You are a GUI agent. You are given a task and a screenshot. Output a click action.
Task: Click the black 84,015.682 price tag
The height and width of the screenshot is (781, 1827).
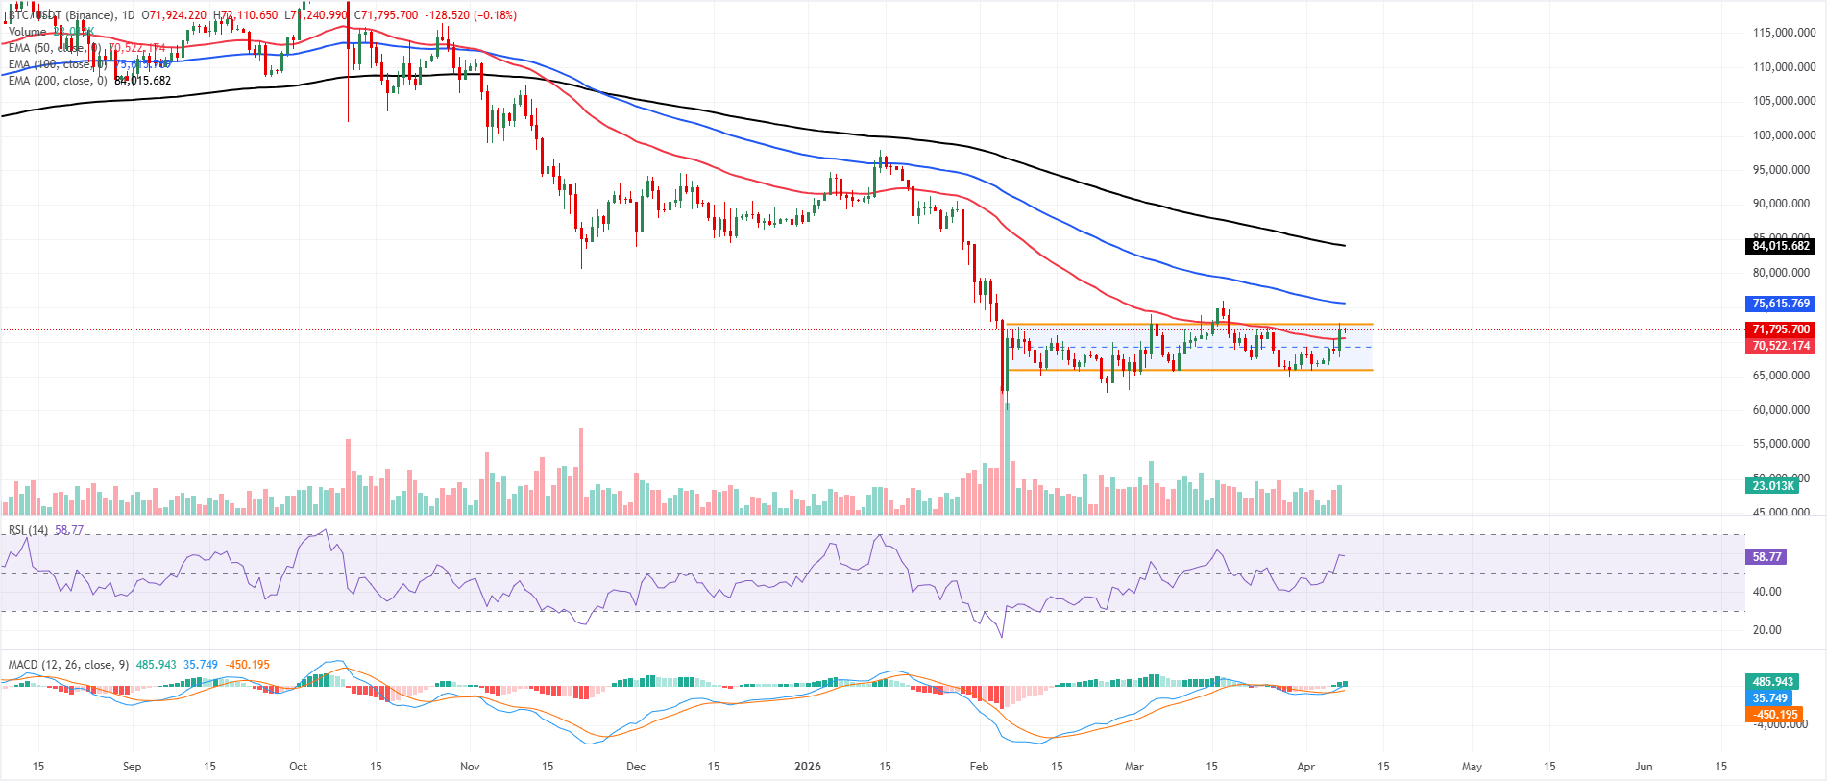(x=1780, y=246)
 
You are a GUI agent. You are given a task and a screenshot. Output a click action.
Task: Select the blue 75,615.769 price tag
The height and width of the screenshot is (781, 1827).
(x=1780, y=304)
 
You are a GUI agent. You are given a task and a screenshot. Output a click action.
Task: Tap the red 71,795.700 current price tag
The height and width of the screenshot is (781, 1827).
(x=1780, y=329)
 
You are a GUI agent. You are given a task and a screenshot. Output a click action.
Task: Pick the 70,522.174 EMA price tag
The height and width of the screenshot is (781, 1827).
(x=1780, y=346)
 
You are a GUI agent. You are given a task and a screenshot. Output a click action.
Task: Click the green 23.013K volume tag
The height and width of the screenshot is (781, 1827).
(x=1772, y=486)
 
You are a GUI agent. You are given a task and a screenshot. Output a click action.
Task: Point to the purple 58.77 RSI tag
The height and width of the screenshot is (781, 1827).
(x=1766, y=557)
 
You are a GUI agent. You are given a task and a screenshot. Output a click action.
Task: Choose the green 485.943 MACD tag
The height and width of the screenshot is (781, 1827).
(x=1772, y=682)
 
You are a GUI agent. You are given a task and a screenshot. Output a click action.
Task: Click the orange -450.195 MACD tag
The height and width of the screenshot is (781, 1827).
(x=1774, y=715)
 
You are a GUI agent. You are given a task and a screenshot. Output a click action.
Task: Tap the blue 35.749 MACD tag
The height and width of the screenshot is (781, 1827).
(x=1769, y=698)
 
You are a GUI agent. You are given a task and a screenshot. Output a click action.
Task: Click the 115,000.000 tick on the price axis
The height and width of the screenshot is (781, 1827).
(x=1784, y=33)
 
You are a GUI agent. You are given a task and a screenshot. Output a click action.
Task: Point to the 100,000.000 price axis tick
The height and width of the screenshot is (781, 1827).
(x=1784, y=135)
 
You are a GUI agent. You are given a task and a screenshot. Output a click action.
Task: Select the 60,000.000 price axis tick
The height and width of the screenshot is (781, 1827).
(x=1784, y=410)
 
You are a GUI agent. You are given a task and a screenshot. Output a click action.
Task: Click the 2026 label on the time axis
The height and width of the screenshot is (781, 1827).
(x=808, y=767)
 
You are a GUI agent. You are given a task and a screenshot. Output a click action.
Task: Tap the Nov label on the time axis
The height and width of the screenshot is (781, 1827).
(x=470, y=767)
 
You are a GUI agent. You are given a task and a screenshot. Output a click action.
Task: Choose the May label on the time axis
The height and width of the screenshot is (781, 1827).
(x=1472, y=767)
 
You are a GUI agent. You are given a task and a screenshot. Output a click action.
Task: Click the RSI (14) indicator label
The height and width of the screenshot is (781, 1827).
(x=28, y=530)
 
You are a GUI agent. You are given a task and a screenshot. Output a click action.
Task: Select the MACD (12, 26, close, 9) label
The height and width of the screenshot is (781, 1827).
(x=68, y=665)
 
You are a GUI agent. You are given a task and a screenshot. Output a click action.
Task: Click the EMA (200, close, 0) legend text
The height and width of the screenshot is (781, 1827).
(x=58, y=81)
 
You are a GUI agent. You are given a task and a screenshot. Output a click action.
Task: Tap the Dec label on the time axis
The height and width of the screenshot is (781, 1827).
(x=636, y=767)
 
